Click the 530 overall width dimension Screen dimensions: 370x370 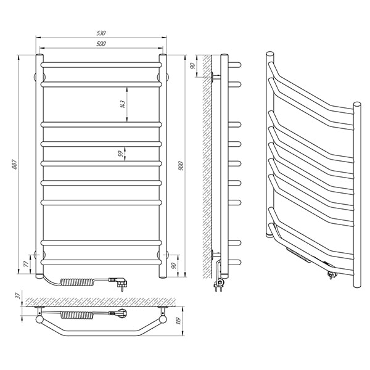pos(101,33)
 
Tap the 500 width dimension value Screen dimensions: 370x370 pos(101,44)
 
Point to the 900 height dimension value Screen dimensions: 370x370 pos(181,166)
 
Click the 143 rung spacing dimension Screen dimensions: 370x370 pos(122,104)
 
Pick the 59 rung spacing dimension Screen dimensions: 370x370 pos(121,154)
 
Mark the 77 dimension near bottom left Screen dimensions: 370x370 pos(27,263)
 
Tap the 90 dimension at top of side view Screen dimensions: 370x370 pos(192,66)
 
